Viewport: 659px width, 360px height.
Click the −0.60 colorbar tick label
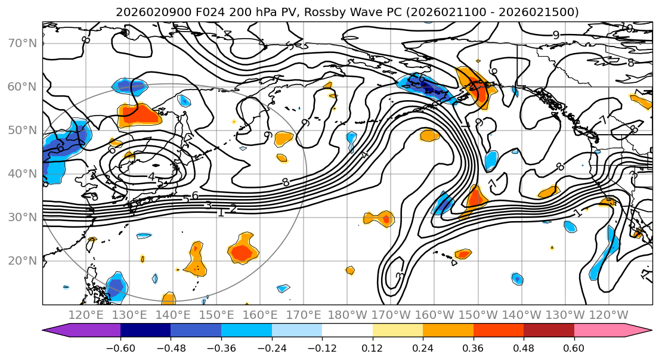click(120, 347)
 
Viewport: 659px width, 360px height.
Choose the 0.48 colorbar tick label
click(524, 347)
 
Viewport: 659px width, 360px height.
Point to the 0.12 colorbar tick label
click(373, 347)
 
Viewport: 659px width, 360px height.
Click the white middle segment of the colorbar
click(347, 331)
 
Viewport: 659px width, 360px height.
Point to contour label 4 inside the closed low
click(151, 177)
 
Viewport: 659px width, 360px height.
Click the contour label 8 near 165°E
click(286, 182)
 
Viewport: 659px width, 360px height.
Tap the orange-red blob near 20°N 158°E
click(242, 252)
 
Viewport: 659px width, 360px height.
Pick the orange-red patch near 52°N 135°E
click(141, 114)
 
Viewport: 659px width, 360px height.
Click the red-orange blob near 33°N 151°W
click(475, 197)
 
